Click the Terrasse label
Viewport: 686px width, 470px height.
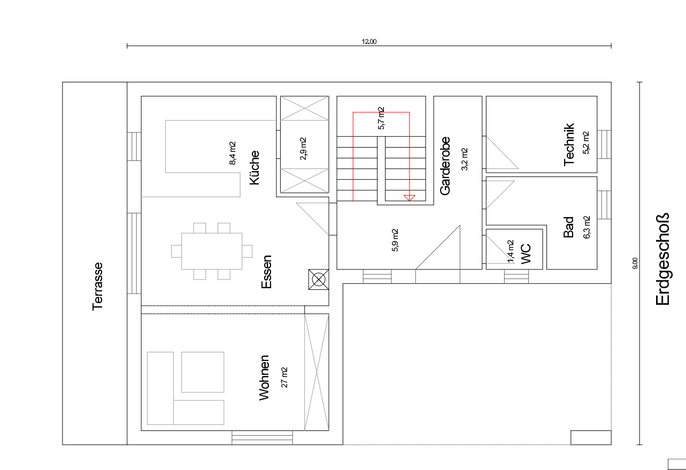tap(98, 286)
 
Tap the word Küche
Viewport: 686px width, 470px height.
tap(255, 168)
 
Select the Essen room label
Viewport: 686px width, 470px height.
tap(266, 272)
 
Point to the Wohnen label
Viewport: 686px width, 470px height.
tap(264, 378)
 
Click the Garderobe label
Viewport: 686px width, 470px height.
tap(445, 166)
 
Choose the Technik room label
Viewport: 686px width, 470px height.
tap(569, 144)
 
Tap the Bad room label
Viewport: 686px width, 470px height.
tap(568, 227)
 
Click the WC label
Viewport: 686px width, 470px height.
tap(526, 254)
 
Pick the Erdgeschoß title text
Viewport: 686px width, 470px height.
tap(662, 259)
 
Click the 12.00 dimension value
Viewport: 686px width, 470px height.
tap(369, 42)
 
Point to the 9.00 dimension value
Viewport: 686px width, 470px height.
tap(635, 263)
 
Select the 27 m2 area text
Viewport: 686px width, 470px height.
tap(284, 377)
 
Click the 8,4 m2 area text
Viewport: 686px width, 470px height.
tap(233, 153)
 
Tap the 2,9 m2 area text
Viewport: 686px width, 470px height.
tap(303, 149)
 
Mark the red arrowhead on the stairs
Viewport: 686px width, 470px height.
tap(410, 198)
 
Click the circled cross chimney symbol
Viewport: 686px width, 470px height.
tap(319, 279)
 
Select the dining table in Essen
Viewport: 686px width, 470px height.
tap(212, 251)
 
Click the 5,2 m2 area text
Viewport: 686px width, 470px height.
tap(586, 143)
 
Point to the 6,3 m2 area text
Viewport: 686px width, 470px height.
tap(587, 227)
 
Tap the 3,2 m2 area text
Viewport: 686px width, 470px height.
tap(465, 159)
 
